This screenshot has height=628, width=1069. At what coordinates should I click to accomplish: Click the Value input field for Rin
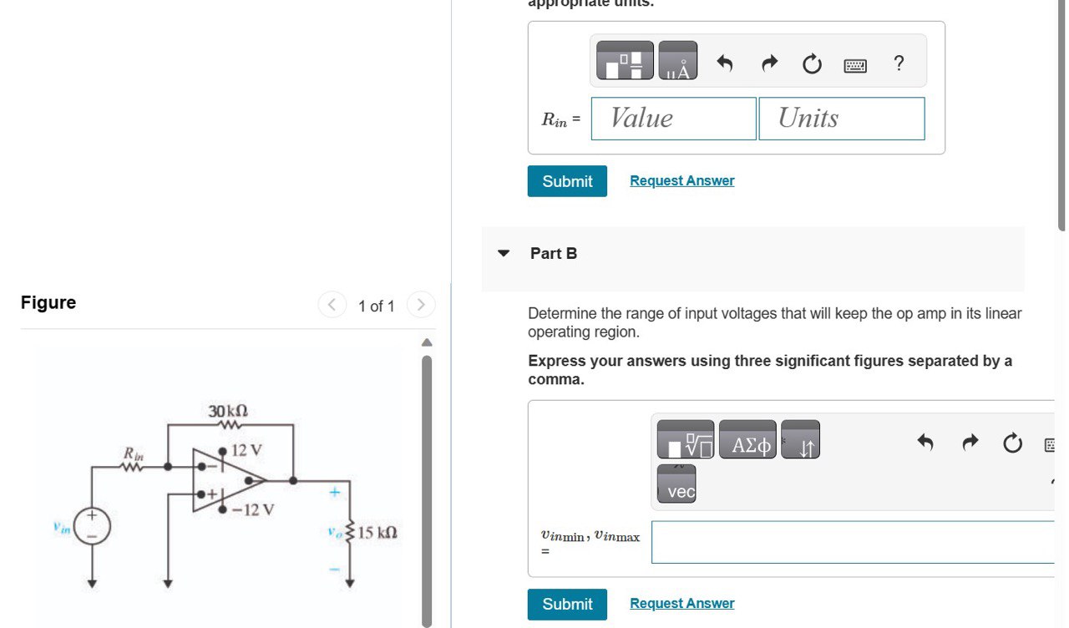(673, 119)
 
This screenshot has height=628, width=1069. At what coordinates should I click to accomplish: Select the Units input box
(841, 119)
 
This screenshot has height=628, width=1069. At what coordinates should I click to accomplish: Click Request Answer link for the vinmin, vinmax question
(681, 603)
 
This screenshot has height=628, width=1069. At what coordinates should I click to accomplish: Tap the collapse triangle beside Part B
(504, 253)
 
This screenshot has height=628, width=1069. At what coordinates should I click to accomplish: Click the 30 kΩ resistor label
(228, 411)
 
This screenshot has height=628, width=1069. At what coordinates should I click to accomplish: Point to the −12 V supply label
(253, 509)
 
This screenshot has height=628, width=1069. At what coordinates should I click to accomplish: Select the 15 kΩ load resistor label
(377, 532)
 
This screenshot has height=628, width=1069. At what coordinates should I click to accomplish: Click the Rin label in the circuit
(134, 453)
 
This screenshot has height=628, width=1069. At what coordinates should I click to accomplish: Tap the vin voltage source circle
(92, 529)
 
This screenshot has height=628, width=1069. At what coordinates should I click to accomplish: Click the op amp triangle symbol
(230, 479)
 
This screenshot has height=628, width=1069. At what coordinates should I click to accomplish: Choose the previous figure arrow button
(332, 305)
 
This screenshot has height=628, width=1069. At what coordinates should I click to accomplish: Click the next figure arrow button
(421, 305)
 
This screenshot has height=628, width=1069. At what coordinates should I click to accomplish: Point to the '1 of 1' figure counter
(376, 306)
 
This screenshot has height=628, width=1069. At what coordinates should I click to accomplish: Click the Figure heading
(48, 302)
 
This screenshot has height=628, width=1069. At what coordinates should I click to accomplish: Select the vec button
(681, 492)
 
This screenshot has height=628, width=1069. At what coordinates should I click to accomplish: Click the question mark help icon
(899, 63)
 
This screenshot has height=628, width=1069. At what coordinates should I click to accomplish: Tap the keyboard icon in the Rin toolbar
(855, 64)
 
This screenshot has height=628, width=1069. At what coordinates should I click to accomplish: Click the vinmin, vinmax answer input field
(852, 542)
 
